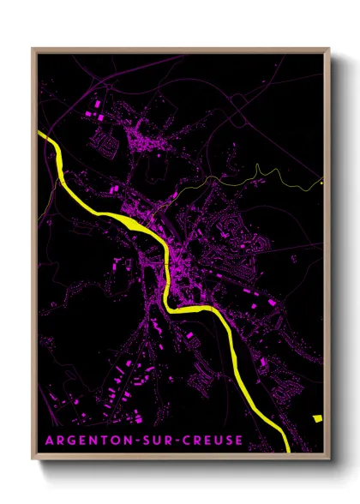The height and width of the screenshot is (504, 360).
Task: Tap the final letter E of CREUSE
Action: [238, 441]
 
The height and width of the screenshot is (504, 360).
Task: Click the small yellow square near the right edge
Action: [317, 418]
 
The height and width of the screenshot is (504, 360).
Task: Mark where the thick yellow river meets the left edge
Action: [40, 135]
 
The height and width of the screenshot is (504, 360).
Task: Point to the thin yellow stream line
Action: [257, 176]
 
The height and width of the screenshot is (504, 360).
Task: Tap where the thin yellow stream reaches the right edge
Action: [321, 182]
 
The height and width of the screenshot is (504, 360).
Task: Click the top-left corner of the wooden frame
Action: [33, 48]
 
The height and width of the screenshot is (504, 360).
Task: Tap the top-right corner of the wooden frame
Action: [329, 48]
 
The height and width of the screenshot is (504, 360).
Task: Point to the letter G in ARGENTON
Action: [70, 441]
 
